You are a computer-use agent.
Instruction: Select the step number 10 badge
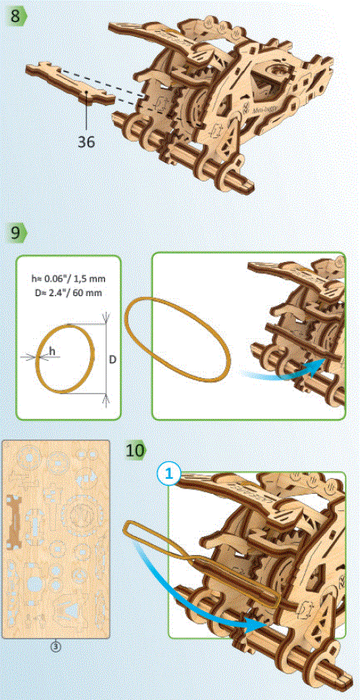click(x=136, y=451)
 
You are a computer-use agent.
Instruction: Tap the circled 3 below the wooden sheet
click(x=56, y=646)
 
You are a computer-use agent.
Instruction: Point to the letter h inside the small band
click(x=52, y=351)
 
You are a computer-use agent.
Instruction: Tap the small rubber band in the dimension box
click(x=66, y=359)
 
